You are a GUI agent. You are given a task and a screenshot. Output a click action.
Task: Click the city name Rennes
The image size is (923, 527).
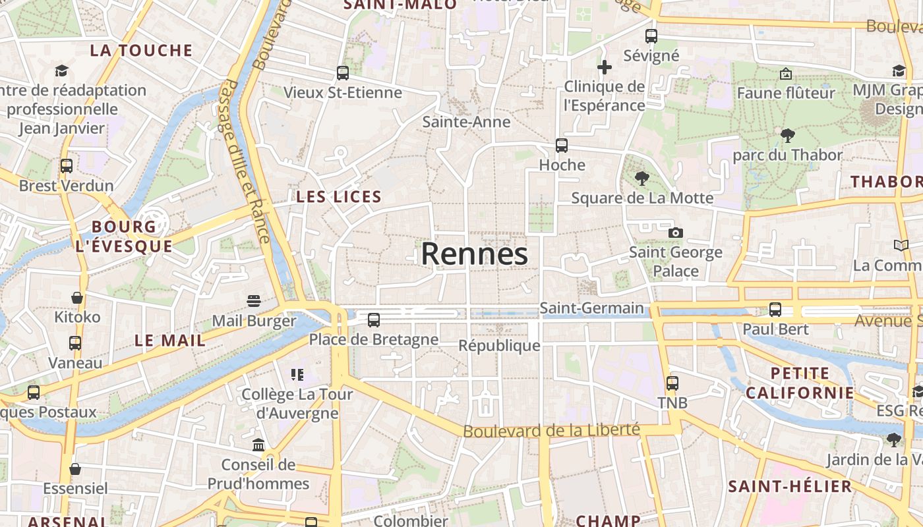click(475, 254)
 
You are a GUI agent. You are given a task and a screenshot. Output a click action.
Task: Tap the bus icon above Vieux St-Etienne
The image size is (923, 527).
click(343, 73)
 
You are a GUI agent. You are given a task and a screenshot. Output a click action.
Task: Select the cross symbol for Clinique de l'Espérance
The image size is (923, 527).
click(605, 67)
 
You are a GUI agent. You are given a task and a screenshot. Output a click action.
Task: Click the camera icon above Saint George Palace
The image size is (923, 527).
click(675, 233)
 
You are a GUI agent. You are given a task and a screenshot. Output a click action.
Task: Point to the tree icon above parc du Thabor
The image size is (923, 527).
click(787, 136)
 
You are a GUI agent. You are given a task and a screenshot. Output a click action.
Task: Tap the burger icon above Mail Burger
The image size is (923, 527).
click(254, 301)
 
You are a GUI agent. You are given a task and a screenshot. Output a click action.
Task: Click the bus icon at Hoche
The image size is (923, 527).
click(562, 146)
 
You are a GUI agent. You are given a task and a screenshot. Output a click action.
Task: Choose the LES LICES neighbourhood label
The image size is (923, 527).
click(339, 196)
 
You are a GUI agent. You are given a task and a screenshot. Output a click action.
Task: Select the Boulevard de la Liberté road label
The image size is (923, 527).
click(551, 431)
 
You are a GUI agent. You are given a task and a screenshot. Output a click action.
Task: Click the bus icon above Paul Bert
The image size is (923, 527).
click(775, 309)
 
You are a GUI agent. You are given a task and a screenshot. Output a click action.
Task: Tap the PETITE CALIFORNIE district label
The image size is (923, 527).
click(800, 383)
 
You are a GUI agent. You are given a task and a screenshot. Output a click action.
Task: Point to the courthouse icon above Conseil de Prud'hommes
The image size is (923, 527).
click(258, 445)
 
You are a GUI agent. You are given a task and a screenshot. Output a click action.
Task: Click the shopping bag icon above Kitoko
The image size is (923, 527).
click(77, 298)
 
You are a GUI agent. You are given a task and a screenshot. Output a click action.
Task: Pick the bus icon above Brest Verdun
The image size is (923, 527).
click(67, 166)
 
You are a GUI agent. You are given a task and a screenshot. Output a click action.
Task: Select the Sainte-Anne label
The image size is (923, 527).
click(466, 122)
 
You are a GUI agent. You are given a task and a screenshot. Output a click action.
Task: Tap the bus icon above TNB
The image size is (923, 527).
click(672, 383)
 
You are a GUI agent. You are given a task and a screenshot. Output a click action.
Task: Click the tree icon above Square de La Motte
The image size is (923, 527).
click(641, 178)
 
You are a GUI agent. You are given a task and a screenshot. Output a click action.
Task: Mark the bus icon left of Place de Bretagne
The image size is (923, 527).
click(374, 320)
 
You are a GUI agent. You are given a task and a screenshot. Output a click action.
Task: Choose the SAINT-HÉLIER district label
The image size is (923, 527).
click(790, 487)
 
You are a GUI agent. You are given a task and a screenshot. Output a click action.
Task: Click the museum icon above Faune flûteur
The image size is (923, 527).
click(785, 74)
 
